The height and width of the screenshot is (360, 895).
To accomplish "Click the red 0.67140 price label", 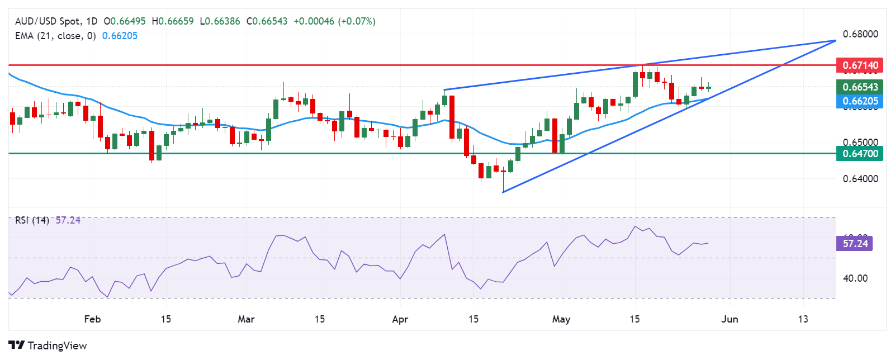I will [x=860, y=65].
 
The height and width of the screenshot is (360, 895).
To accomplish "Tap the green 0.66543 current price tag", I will [x=860, y=87].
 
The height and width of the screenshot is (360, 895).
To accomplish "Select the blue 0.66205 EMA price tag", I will [x=860, y=101].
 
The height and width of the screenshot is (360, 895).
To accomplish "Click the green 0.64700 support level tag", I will [x=860, y=153].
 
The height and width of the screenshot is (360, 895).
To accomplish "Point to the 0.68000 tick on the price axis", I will [x=860, y=34].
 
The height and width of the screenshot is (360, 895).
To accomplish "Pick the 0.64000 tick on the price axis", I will [x=860, y=179].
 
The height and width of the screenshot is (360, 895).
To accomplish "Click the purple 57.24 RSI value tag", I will [x=855, y=244].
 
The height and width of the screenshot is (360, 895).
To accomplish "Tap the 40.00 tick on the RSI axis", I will [x=855, y=278].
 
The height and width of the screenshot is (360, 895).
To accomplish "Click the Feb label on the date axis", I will [x=92, y=319].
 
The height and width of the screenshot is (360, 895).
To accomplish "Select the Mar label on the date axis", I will [x=246, y=319].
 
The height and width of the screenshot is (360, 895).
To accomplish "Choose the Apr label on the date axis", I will [x=400, y=319].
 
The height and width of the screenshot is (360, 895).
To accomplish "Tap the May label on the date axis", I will [x=561, y=319].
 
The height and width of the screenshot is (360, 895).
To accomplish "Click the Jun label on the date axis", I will [x=730, y=319].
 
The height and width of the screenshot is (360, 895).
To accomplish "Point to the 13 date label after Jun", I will [x=803, y=319].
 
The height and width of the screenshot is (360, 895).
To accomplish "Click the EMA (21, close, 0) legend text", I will [x=55, y=36].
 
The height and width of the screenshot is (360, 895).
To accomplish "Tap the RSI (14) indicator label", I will [x=32, y=220].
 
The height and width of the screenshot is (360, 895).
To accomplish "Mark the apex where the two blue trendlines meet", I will [x=835, y=40].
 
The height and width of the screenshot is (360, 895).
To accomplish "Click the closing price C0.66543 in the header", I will [x=267, y=21].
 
